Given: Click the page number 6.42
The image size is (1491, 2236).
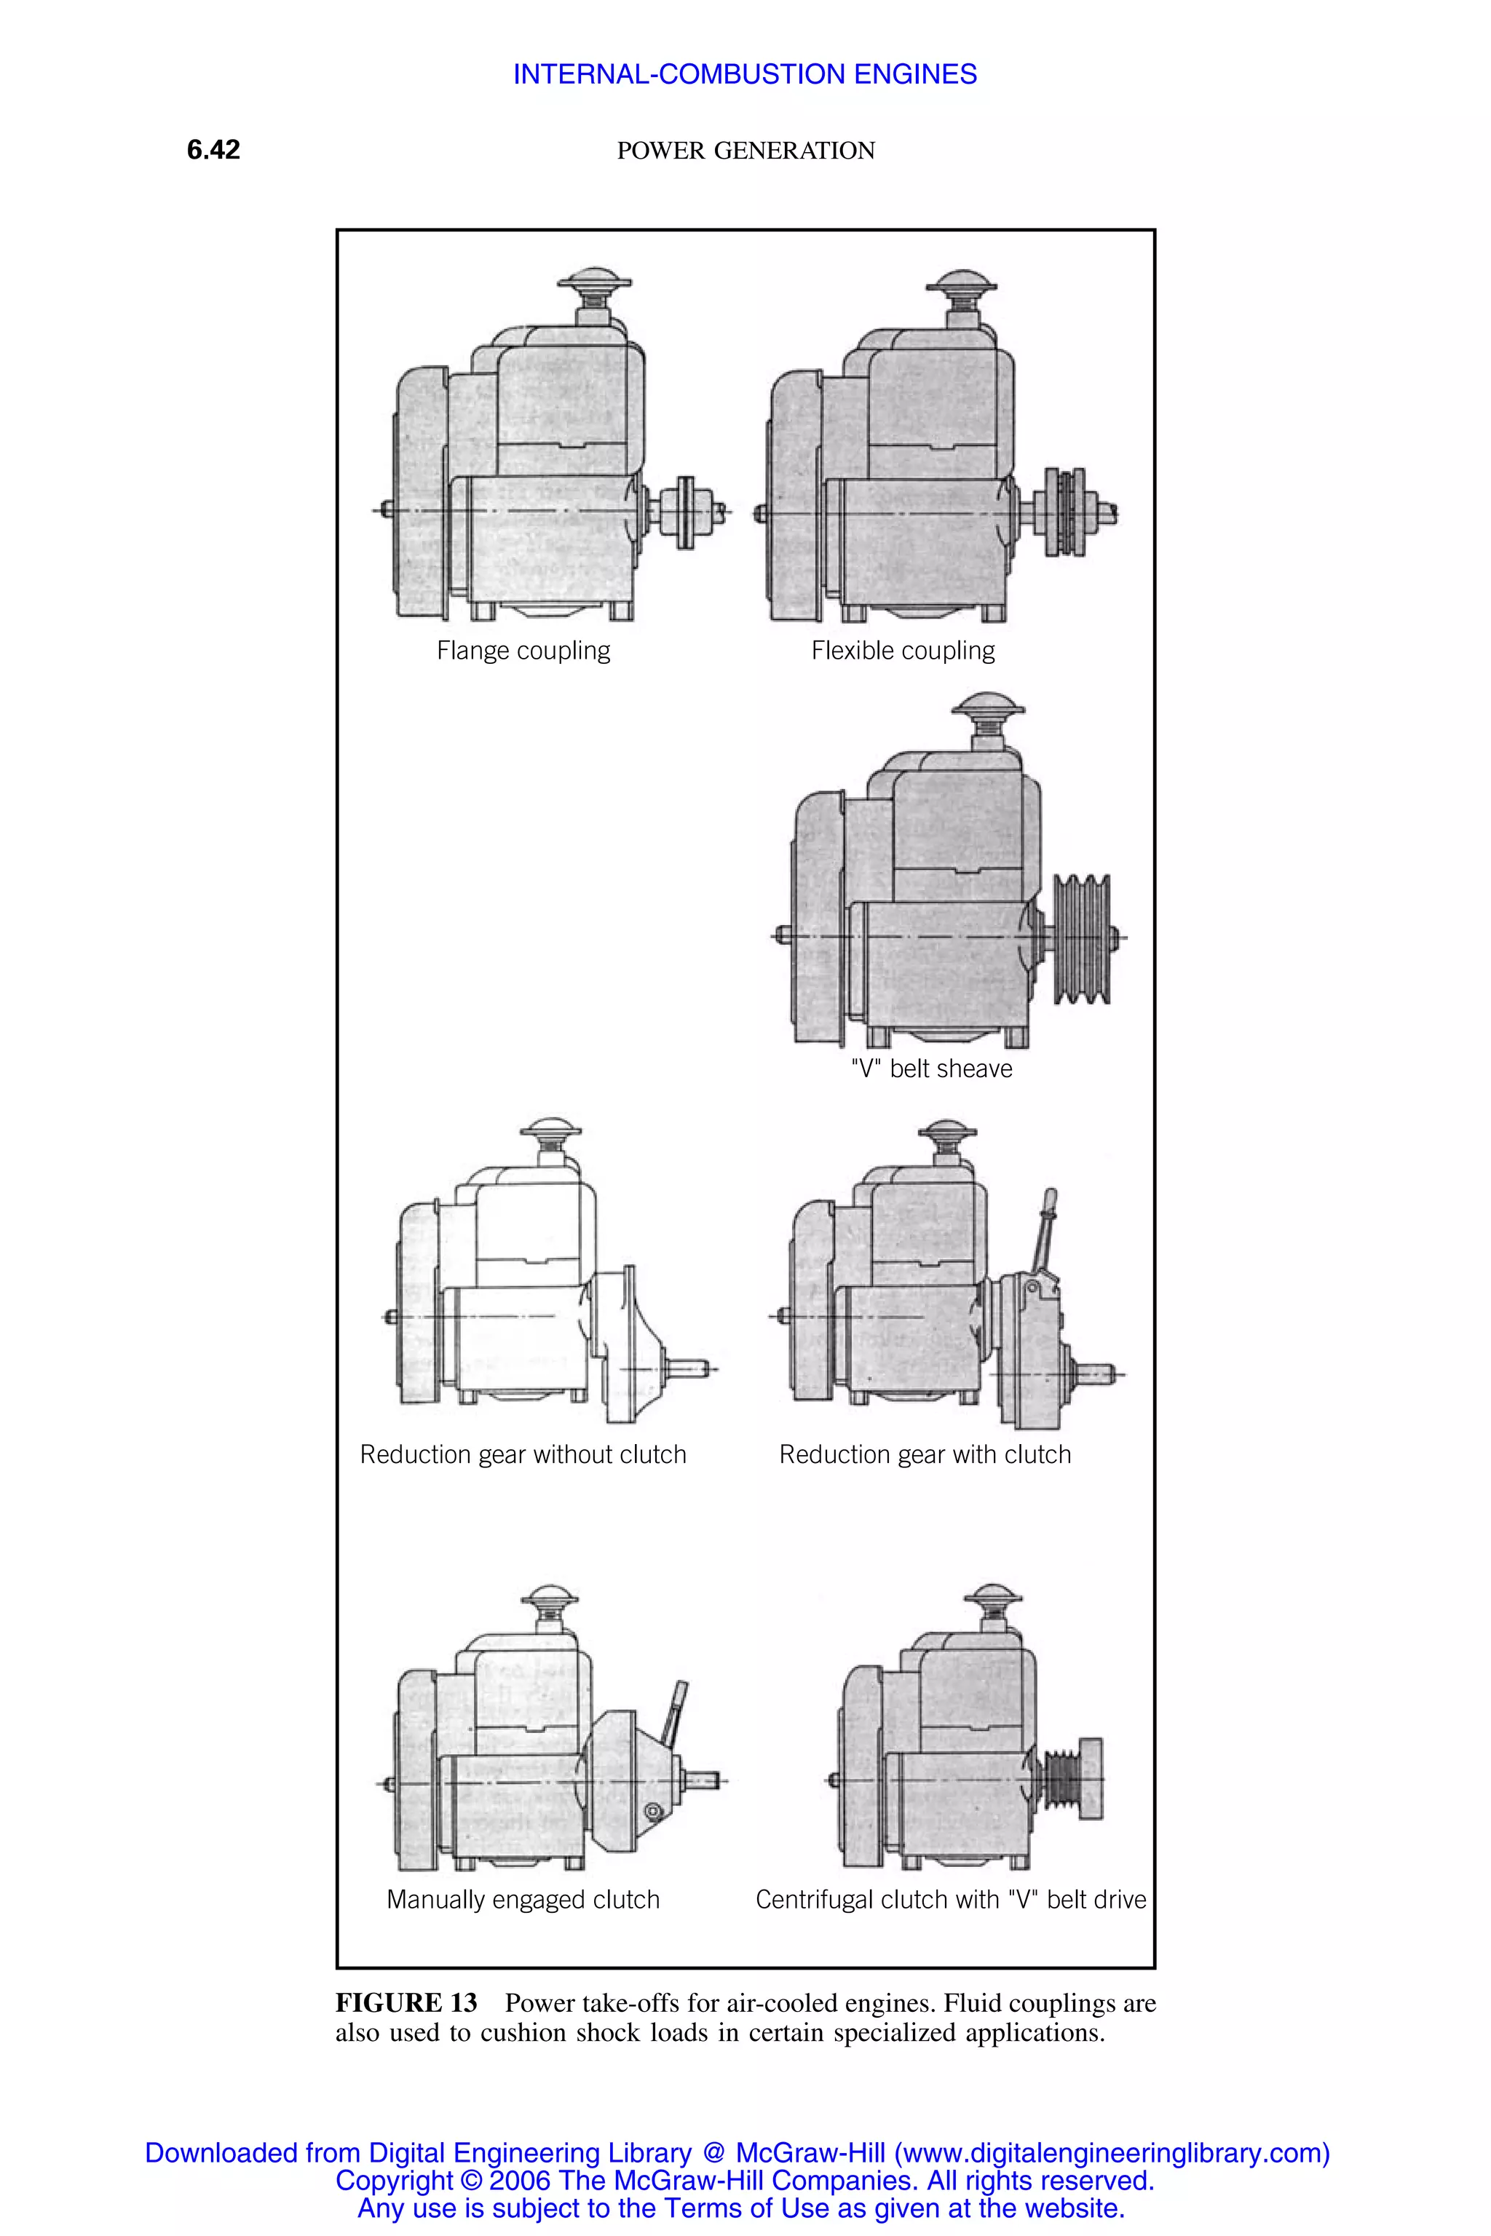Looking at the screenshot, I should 213,149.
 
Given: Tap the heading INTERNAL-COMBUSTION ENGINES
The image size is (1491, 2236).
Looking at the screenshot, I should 745,74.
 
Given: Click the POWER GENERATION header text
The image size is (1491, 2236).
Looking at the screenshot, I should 745,150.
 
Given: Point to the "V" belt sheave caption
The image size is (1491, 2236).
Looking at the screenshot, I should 931,1069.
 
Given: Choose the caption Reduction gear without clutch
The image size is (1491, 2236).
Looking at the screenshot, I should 523,1454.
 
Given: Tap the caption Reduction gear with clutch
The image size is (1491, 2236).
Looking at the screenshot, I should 925,1454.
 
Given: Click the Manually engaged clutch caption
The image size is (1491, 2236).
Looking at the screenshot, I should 523,1900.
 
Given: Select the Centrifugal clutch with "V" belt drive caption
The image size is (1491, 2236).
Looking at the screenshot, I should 950,1900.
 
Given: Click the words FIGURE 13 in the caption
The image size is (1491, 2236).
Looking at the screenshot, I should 406,2003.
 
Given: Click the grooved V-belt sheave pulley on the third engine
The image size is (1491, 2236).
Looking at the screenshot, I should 1082,938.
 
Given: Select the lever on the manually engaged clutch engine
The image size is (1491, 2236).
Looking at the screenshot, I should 677,1713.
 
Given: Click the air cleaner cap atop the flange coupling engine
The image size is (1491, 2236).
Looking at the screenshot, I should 594,282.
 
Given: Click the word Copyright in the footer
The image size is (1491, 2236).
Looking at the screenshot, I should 394,2180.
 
